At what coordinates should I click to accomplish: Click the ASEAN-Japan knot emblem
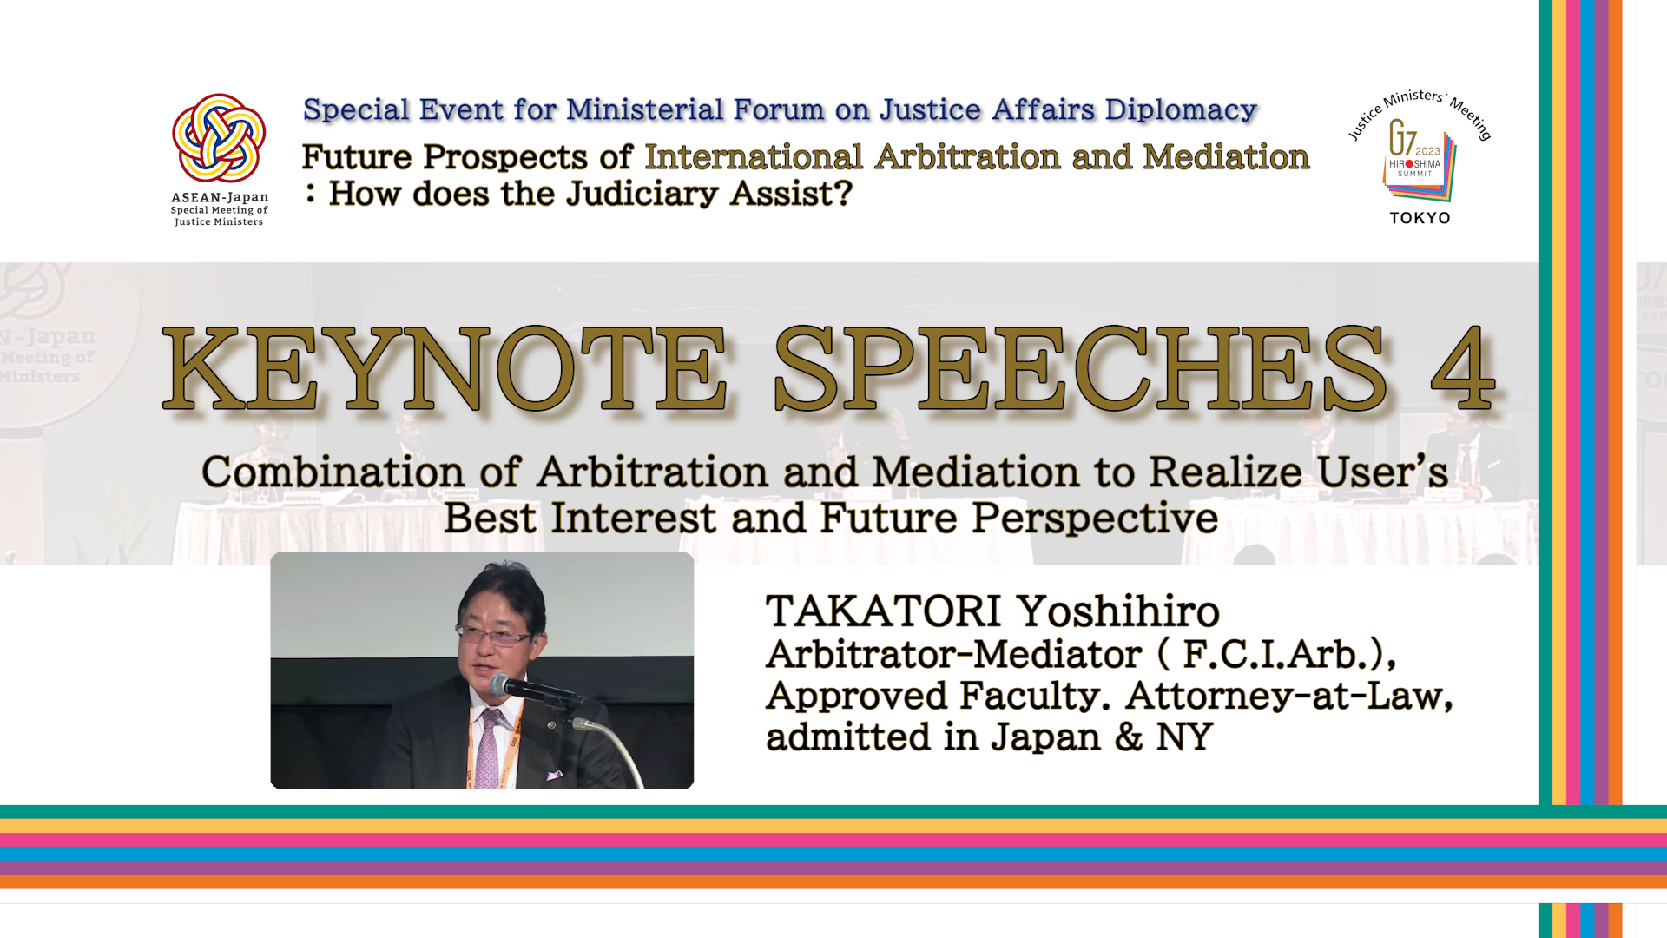pyautogui.click(x=219, y=138)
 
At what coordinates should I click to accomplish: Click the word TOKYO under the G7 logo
pyautogui.click(x=1420, y=218)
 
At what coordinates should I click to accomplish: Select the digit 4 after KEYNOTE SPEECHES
pyautogui.click(x=1462, y=368)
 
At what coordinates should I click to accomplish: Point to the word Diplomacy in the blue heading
pyautogui.click(x=1181, y=110)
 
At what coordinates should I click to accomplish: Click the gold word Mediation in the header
pyautogui.click(x=1226, y=157)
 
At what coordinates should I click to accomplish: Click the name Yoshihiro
pyautogui.click(x=1118, y=611)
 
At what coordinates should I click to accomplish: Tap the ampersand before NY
pyautogui.click(x=1129, y=737)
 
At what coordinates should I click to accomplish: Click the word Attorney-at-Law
pyautogui.click(x=1289, y=696)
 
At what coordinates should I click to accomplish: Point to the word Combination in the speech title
pyautogui.click(x=333, y=472)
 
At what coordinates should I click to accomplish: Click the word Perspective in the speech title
pyautogui.click(x=1095, y=519)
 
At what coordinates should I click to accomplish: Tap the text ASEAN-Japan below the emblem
pyautogui.click(x=220, y=197)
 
